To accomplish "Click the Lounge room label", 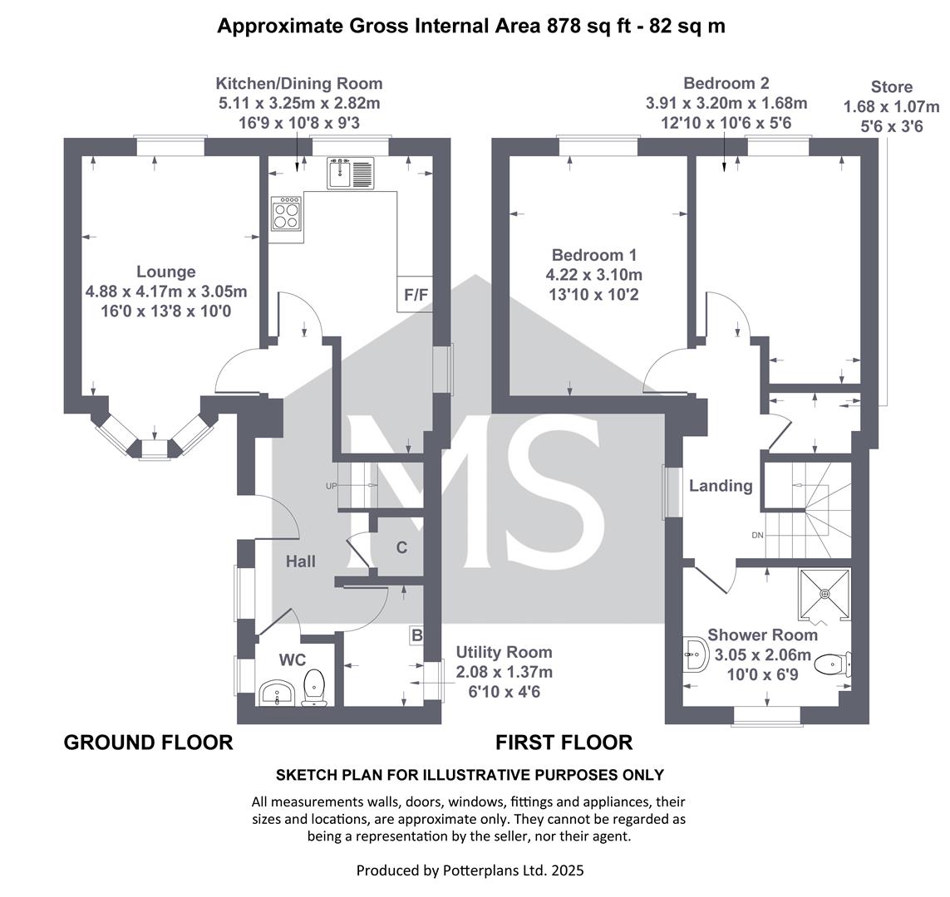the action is [165, 272].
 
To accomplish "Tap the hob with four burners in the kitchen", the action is [287, 213].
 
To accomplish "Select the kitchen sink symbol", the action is [351, 173].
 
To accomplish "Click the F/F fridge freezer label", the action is [416, 295].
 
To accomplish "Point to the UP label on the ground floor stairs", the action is [331, 486].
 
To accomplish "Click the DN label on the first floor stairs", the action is [757, 535].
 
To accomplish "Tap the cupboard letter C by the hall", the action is [401, 548].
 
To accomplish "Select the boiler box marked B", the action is [417, 635].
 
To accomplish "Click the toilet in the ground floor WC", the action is [314, 687].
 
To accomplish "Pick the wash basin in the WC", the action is [277, 693].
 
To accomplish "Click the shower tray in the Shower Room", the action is [824, 595].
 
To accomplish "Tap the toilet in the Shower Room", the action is [833, 665].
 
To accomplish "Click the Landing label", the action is [721, 485].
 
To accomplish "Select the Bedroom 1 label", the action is [593, 255].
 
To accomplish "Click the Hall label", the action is [301, 561].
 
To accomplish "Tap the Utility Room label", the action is [504, 652].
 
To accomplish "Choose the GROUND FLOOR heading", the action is [149, 742].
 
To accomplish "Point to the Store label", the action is [891, 86].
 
